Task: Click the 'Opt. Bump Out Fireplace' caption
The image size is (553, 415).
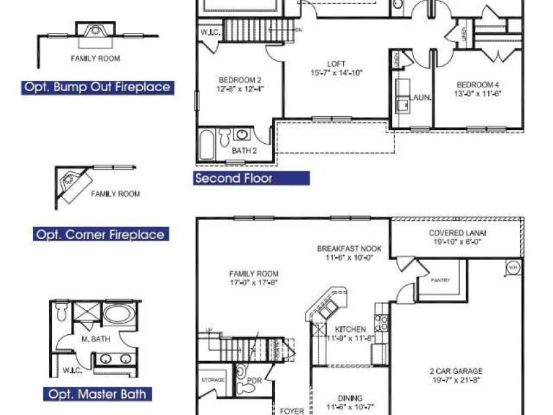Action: click(x=97, y=87)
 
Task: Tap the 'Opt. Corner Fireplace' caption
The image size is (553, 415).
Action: click(x=100, y=234)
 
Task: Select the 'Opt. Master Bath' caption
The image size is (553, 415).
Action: click(x=98, y=394)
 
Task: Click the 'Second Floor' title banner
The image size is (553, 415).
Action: click(x=252, y=178)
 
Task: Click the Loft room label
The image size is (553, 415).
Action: click(x=337, y=68)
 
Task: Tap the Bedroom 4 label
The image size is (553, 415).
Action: click(x=478, y=89)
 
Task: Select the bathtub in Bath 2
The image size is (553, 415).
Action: click(x=206, y=144)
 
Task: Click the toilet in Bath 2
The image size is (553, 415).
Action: click(x=224, y=137)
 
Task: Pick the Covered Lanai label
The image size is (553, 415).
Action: click(x=457, y=237)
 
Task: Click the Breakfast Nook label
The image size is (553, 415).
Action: click(x=349, y=253)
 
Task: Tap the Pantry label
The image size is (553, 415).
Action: click(x=440, y=280)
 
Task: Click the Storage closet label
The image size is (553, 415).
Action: click(x=213, y=380)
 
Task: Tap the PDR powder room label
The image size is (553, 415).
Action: click(x=255, y=380)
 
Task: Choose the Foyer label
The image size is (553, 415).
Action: click(x=292, y=411)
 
